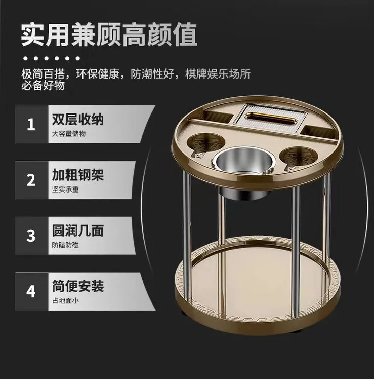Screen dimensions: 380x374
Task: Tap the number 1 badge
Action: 31,124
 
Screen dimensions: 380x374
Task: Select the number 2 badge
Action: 31,180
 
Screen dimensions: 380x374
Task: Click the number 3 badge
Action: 31,236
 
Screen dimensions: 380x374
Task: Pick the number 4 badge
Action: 31,291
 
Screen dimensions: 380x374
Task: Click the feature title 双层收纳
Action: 78,119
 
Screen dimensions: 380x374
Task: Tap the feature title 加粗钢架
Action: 78,175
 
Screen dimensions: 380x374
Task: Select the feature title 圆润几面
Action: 78,231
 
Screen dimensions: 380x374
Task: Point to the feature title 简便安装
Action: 78,286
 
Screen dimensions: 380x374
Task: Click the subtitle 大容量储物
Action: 69,134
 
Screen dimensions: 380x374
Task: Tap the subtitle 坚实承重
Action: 65,190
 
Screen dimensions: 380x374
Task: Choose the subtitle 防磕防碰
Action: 65,246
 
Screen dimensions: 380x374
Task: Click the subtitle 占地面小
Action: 65,301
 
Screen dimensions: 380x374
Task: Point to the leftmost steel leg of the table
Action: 186,233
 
